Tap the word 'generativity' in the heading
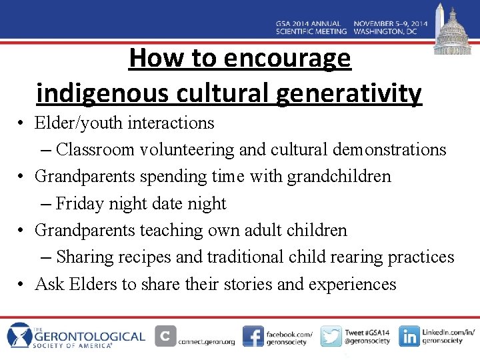point(349,93)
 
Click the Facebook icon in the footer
point(253,337)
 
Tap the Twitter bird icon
point(331,337)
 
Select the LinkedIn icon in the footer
point(409,337)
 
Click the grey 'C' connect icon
point(165,337)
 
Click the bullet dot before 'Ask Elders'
point(22,285)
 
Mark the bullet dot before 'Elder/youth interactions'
point(22,124)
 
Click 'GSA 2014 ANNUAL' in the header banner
point(311,23)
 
